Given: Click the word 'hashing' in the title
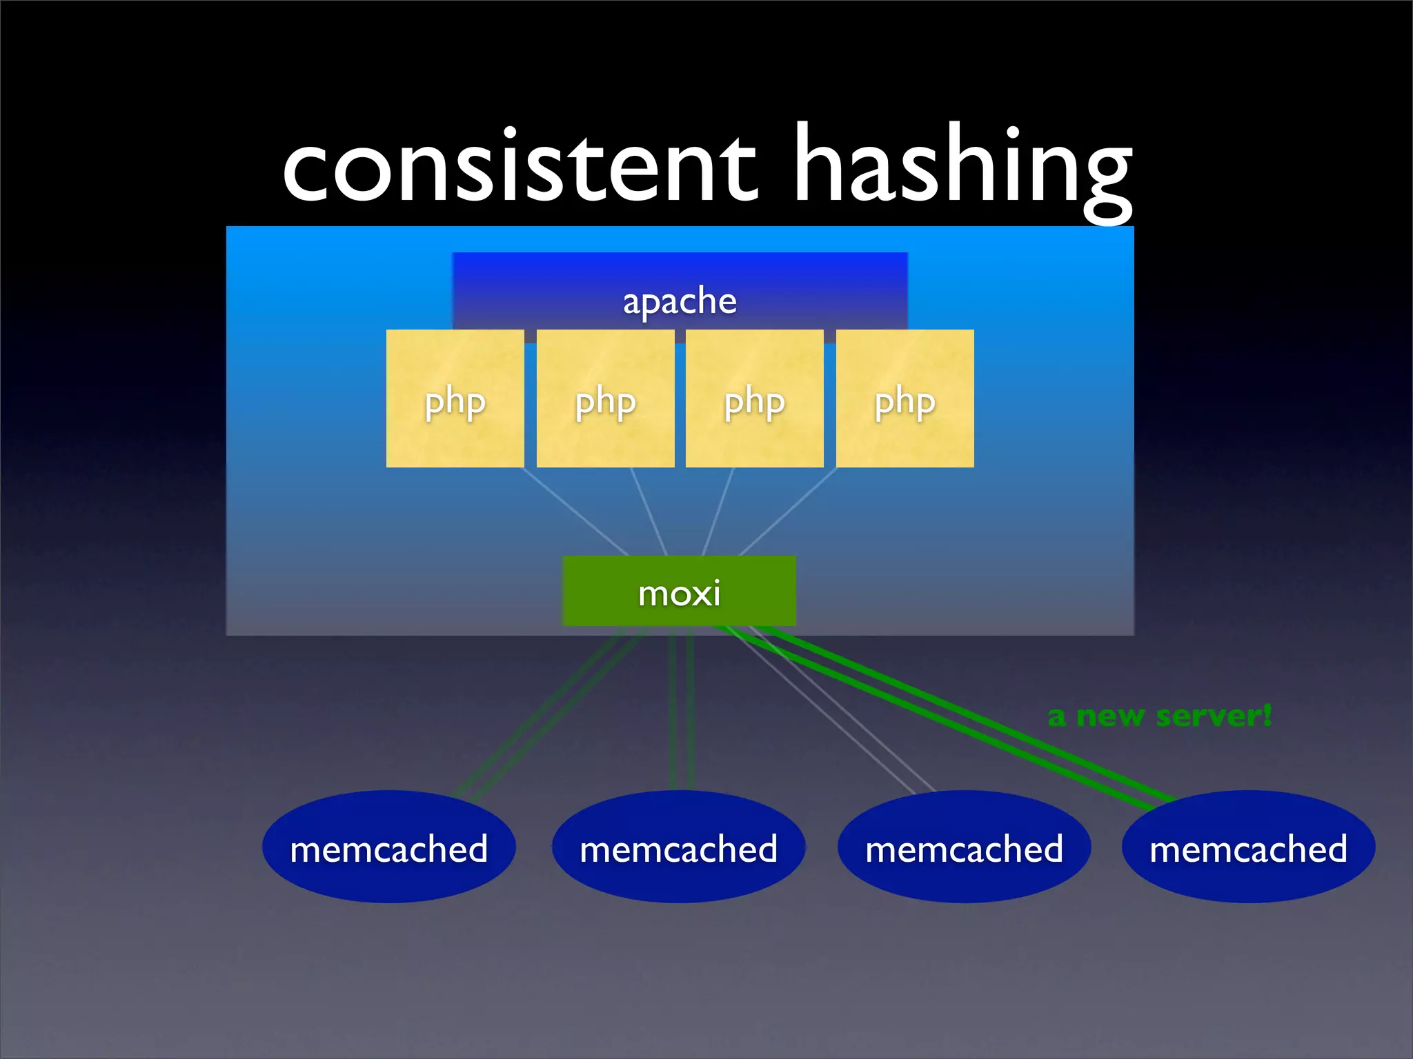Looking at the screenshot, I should [x=962, y=165].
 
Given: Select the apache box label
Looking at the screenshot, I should [x=680, y=301].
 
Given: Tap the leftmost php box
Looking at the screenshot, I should [x=455, y=399].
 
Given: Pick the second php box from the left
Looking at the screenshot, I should [x=605, y=399].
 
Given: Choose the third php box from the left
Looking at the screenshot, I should [x=754, y=399].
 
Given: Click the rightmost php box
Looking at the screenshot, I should [x=905, y=399].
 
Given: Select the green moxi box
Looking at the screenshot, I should [x=679, y=592].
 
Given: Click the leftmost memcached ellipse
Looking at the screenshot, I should [x=388, y=847].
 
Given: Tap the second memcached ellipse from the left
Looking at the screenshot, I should [x=678, y=847].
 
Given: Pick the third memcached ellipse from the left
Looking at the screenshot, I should [x=964, y=847].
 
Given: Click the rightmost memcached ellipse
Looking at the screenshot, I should [x=1248, y=847].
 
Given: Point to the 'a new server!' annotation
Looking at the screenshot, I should [x=1159, y=716].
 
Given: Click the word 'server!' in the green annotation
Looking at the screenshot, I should [x=1213, y=716].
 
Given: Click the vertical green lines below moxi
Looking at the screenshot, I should [x=681, y=710].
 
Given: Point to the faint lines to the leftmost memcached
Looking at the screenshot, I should [x=552, y=710].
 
